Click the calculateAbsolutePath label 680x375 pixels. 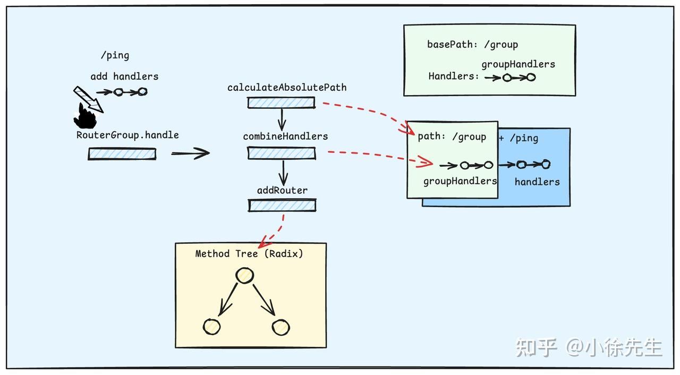click(x=287, y=88)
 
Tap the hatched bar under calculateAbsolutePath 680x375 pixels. click(x=281, y=103)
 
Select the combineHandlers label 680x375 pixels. click(x=285, y=137)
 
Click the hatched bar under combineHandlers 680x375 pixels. click(x=282, y=153)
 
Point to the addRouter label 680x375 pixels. click(x=282, y=191)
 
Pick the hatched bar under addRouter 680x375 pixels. click(x=282, y=206)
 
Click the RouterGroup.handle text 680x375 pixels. click(x=127, y=135)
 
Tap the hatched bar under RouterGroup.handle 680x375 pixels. click(x=122, y=154)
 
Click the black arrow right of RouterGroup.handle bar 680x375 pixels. click(x=190, y=153)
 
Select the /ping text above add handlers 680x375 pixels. click(x=115, y=56)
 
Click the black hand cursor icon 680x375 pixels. click(x=85, y=116)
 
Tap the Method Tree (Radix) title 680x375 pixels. click(x=249, y=254)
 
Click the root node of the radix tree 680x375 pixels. click(x=245, y=276)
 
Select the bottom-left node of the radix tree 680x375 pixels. click(x=211, y=327)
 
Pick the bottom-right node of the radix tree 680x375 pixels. click(x=281, y=327)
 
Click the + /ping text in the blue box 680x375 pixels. click(x=518, y=138)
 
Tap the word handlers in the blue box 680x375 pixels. click(x=537, y=182)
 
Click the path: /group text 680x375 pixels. click(x=452, y=137)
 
